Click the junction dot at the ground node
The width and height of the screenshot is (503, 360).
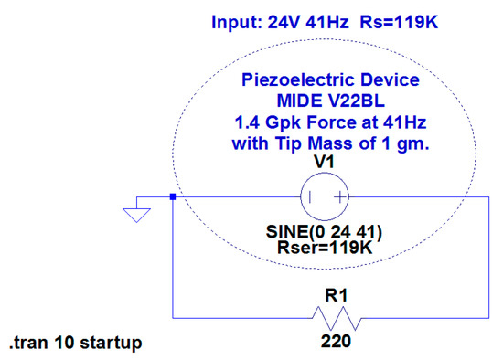tap(173, 196)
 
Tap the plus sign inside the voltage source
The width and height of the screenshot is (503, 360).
tap(339, 196)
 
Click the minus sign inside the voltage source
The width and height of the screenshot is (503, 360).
tap(312, 196)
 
